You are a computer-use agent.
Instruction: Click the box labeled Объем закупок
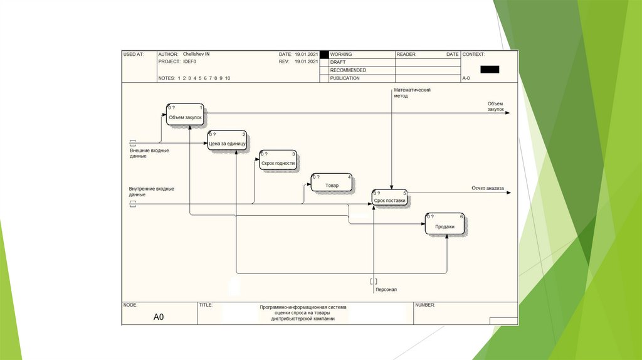click(x=185, y=115)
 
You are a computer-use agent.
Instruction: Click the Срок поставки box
click(x=389, y=199)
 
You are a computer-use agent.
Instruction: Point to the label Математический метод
click(x=412, y=93)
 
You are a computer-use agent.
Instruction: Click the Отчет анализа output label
click(x=488, y=188)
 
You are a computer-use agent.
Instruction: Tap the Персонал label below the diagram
click(x=386, y=290)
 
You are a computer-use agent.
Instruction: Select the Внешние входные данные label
click(x=149, y=153)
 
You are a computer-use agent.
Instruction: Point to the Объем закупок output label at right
click(x=495, y=106)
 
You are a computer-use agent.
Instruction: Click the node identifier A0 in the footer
click(x=159, y=317)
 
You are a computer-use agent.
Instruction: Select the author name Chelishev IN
click(x=196, y=55)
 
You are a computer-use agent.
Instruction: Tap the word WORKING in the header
click(x=341, y=55)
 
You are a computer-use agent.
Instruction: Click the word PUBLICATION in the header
click(x=345, y=78)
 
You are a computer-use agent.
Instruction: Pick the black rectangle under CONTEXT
click(x=490, y=69)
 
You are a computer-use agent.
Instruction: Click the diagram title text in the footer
click(x=303, y=313)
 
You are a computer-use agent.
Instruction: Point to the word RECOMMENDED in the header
click(x=348, y=70)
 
